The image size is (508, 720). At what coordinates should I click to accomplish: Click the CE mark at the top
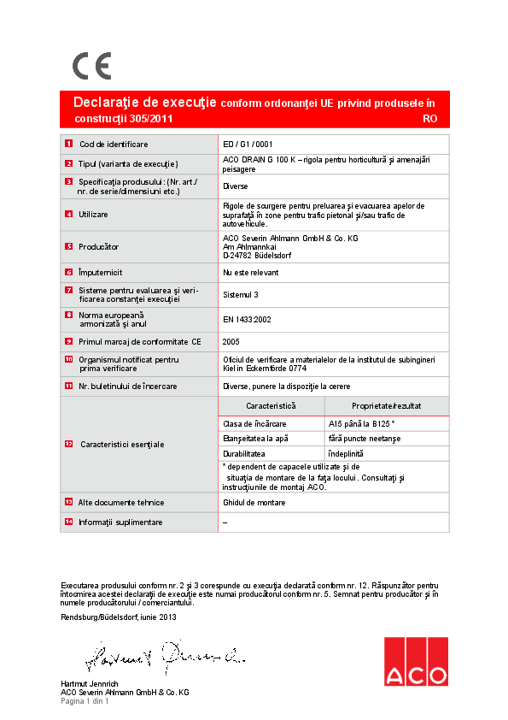[91, 66]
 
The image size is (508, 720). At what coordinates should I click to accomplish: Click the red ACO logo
[415, 662]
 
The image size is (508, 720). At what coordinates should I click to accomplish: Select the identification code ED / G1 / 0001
[248, 145]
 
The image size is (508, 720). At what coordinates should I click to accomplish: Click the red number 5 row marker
[68, 246]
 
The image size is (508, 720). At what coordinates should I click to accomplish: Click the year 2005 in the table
[231, 340]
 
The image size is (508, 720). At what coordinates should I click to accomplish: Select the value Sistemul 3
[241, 294]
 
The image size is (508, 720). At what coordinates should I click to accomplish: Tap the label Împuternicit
[101, 272]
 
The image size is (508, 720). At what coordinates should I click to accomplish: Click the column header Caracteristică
[271, 405]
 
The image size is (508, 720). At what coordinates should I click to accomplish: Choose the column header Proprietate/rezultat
[386, 405]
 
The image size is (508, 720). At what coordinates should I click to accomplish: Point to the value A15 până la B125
[359, 424]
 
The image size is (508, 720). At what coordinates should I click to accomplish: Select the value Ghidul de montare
[254, 503]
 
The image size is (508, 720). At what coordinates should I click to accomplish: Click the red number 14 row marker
[68, 522]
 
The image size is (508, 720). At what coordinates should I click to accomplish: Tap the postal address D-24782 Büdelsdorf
[257, 255]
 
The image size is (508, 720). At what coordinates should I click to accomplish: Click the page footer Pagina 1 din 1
[85, 701]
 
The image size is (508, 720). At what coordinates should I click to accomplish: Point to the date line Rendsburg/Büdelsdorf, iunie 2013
[119, 617]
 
